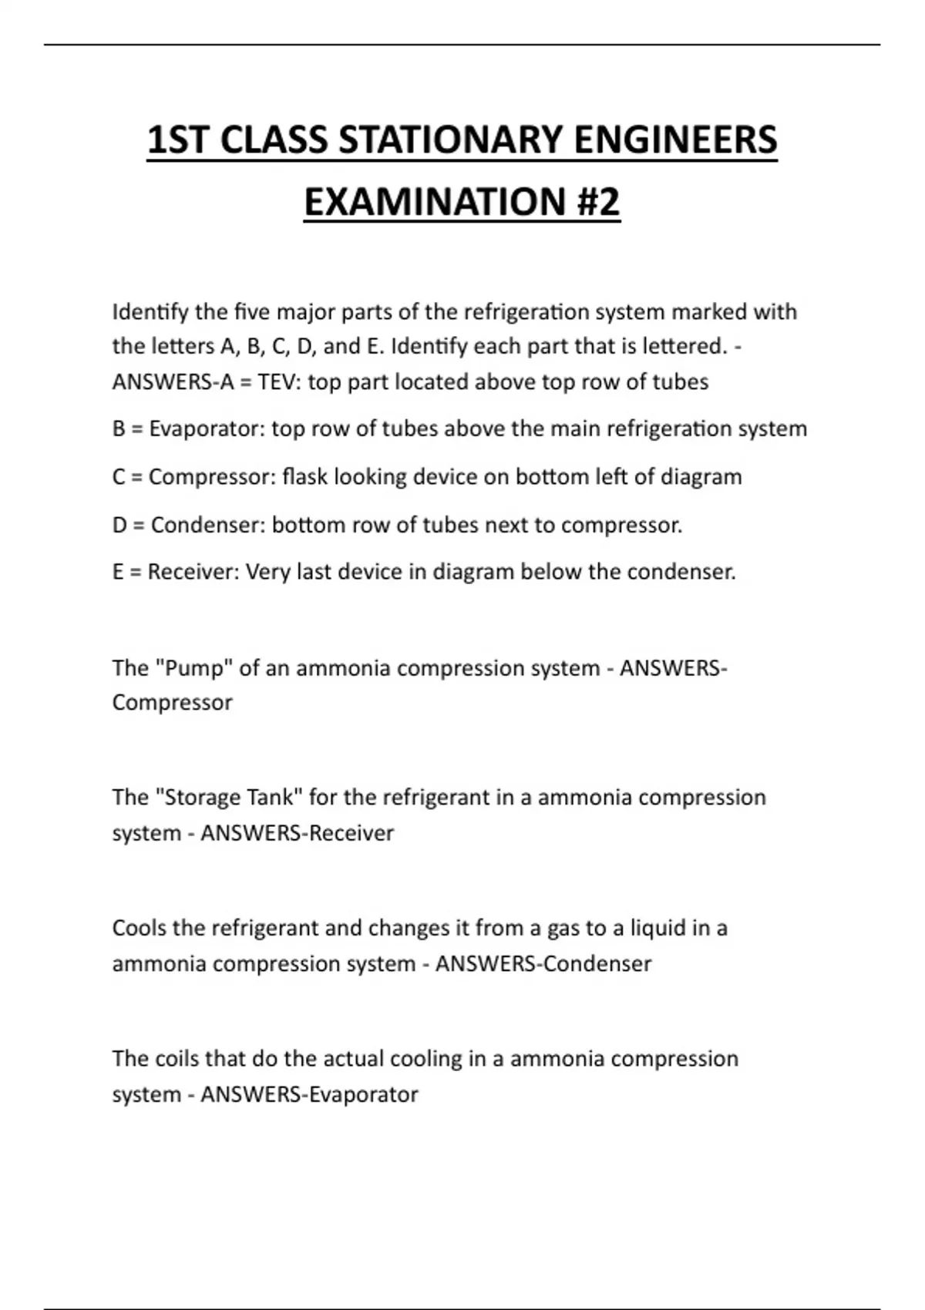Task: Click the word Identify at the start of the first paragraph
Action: click(x=150, y=312)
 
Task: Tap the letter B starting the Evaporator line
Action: click(x=119, y=429)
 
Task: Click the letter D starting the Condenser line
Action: click(x=119, y=526)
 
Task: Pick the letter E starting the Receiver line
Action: click(x=118, y=573)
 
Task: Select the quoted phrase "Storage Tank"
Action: click(x=229, y=798)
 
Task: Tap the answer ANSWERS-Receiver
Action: click(x=297, y=833)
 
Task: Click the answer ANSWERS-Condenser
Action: click(x=543, y=964)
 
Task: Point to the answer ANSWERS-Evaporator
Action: click(x=309, y=1095)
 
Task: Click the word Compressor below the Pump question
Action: click(x=172, y=703)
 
